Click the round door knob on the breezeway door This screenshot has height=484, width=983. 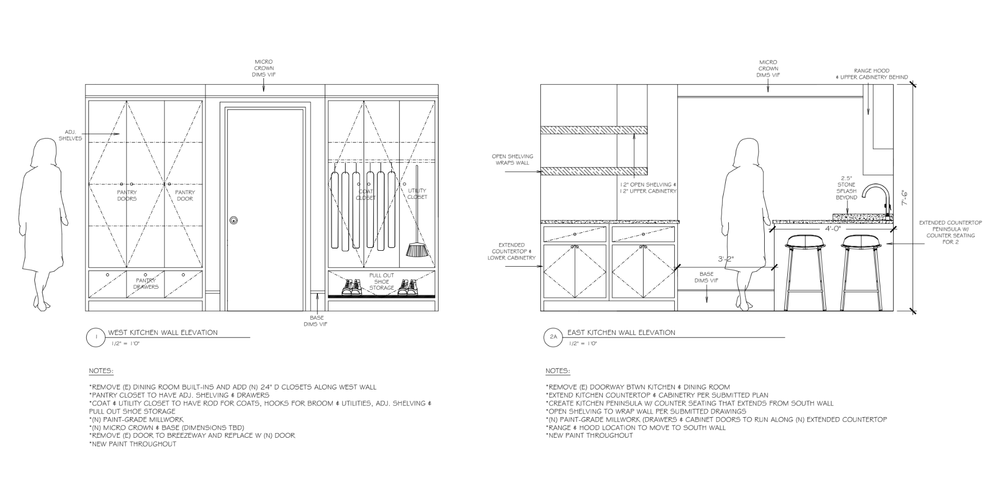pyautogui.click(x=234, y=220)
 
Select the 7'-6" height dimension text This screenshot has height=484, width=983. pyautogui.click(x=904, y=198)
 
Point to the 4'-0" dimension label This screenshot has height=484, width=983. pyautogui.click(x=833, y=228)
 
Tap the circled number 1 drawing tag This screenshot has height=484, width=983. pyautogui.click(x=96, y=337)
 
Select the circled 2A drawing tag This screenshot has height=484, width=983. pyautogui.click(x=553, y=337)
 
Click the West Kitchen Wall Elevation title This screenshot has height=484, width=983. pyautogui.click(x=163, y=332)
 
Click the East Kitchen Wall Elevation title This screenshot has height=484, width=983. pyautogui.click(x=621, y=332)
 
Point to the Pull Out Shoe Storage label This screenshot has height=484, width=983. pyautogui.click(x=382, y=282)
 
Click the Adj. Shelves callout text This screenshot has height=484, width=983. pyautogui.click(x=70, y=135)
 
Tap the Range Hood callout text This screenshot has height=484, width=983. pyautogui.click(x=872, y=74)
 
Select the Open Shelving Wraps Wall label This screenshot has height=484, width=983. pyautogui.click(x=513, y=160)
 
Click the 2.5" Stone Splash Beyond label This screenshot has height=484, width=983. pyautogui.click(x=846, y=188)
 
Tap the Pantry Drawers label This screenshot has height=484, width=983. pyautogui.click(x=146, y=284)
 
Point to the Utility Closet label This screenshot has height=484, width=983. pyautogui.click(x=417, y=194)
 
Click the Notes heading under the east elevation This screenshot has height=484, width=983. pyautogui.click(x=557, y=371)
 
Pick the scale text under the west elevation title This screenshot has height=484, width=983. pyautogui.click(x=126, y=343)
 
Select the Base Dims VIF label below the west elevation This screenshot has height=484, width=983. pyautogui.click(x=316, y=321)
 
